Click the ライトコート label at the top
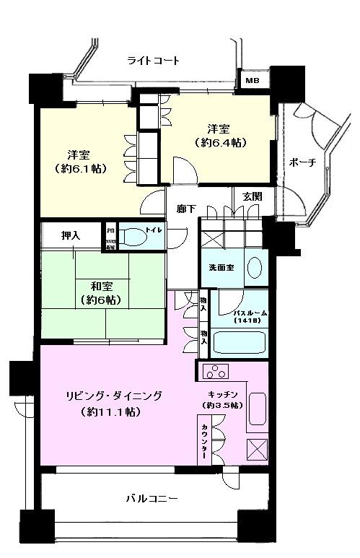click(x=153, y=61)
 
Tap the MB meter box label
click(x=252, y=81)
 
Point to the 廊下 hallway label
click(x=186, y=209)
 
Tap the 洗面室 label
click(x=221, y=267)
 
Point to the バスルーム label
click(x=250, y=314)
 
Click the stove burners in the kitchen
click(x=215, y=372)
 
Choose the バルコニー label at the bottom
click(x=152, y=498)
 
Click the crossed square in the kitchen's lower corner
click(x=258, y=448)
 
